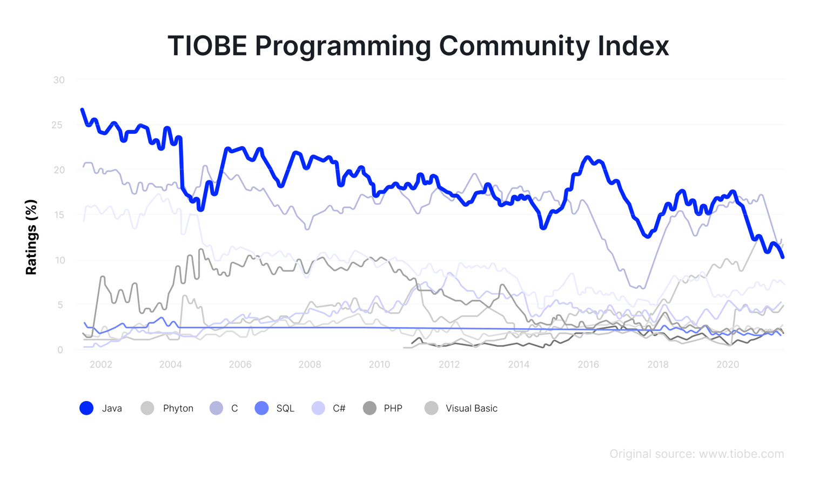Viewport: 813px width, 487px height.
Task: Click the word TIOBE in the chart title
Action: click(207, 46)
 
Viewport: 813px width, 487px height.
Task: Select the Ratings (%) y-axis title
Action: click(31, 237)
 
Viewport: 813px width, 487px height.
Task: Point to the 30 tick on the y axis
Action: click(59, 80)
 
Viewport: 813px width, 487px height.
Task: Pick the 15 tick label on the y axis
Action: click(59, 215)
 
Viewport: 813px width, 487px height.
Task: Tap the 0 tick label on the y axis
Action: click(61, 350)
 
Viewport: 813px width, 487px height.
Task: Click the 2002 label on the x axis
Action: click(101, 364)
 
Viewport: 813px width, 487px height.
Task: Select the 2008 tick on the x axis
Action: click(310, 364)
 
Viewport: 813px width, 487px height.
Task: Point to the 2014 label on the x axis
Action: click(519, 364)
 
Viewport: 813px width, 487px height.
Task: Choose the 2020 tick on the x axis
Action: click(728, 364)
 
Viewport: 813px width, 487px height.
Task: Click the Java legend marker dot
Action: click(86, 408)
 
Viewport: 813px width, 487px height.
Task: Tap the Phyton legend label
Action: click(178, 408)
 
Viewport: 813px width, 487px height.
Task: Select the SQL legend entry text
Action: click(285, 408)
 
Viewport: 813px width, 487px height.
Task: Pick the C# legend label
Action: click(339, 408)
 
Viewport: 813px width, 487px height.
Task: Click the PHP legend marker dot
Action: click(369, 408)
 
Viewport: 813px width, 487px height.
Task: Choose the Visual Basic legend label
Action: click(471, 408)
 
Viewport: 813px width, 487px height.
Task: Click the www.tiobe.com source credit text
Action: click(741, 454)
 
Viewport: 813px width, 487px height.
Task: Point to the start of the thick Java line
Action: click(82, 110)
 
